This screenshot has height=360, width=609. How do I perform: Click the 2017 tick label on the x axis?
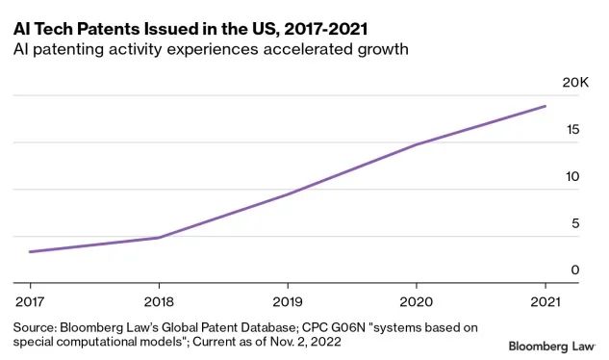pos(29,300)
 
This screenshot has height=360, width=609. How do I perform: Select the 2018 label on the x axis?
pos(159,300)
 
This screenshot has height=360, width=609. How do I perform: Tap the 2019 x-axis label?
pos(287,300)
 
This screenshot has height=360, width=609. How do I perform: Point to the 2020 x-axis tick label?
pos(416,300)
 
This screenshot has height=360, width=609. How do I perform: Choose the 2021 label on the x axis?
pos(546,300)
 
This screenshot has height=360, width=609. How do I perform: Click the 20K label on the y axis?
pos(574,83)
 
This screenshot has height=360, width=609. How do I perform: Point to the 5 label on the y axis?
pos(576,223)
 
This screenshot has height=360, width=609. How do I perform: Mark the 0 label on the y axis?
pos(575,270)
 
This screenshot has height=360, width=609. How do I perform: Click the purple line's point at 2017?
pos(30,252)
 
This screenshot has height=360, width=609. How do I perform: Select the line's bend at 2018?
pos(159,238)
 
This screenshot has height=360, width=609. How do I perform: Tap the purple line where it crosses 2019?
pos(287,194)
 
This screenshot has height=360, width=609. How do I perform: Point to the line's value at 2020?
pos(416,145)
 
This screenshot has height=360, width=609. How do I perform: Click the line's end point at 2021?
pos(546,106)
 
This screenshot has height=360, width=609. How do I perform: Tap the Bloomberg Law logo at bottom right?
pos(552,345)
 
